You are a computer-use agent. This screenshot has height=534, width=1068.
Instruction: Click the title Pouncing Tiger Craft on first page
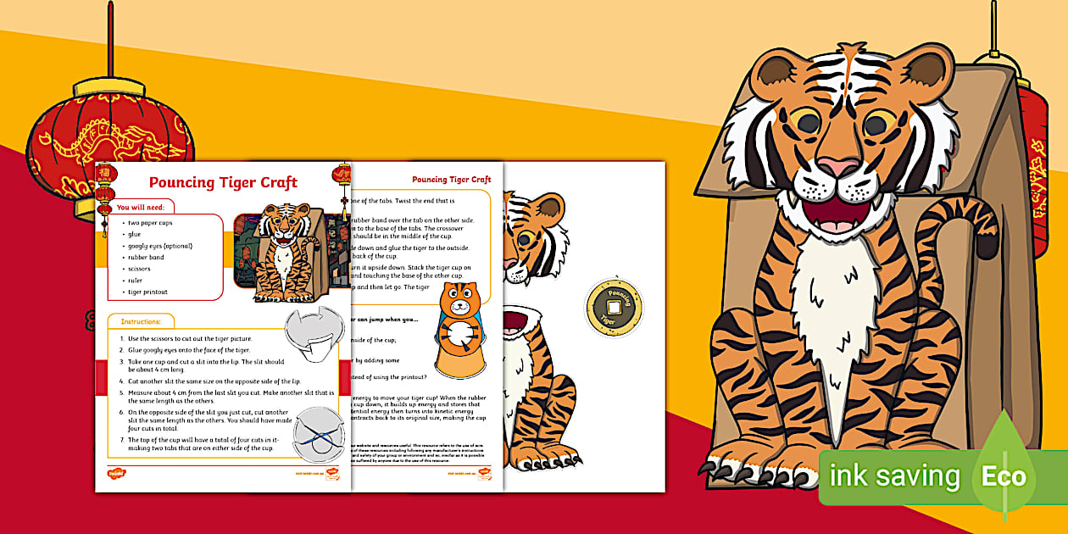coord(223,182)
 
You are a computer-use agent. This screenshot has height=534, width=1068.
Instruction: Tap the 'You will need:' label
coord(146,206)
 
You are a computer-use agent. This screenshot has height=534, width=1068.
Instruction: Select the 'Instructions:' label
coord(141,322)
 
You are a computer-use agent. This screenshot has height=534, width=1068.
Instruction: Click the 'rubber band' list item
coord(147,258)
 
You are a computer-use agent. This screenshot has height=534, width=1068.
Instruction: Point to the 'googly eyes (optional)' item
coord(160,246)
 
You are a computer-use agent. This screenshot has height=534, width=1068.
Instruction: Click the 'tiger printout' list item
coord(148,292)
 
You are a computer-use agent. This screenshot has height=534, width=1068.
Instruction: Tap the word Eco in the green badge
coord(1004,476)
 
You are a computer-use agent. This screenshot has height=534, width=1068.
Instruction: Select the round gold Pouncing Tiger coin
coord(614,307)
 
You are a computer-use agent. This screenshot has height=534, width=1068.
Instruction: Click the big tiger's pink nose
coord(840,166)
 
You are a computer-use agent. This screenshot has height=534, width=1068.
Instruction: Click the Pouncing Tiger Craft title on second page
coord(451,179)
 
